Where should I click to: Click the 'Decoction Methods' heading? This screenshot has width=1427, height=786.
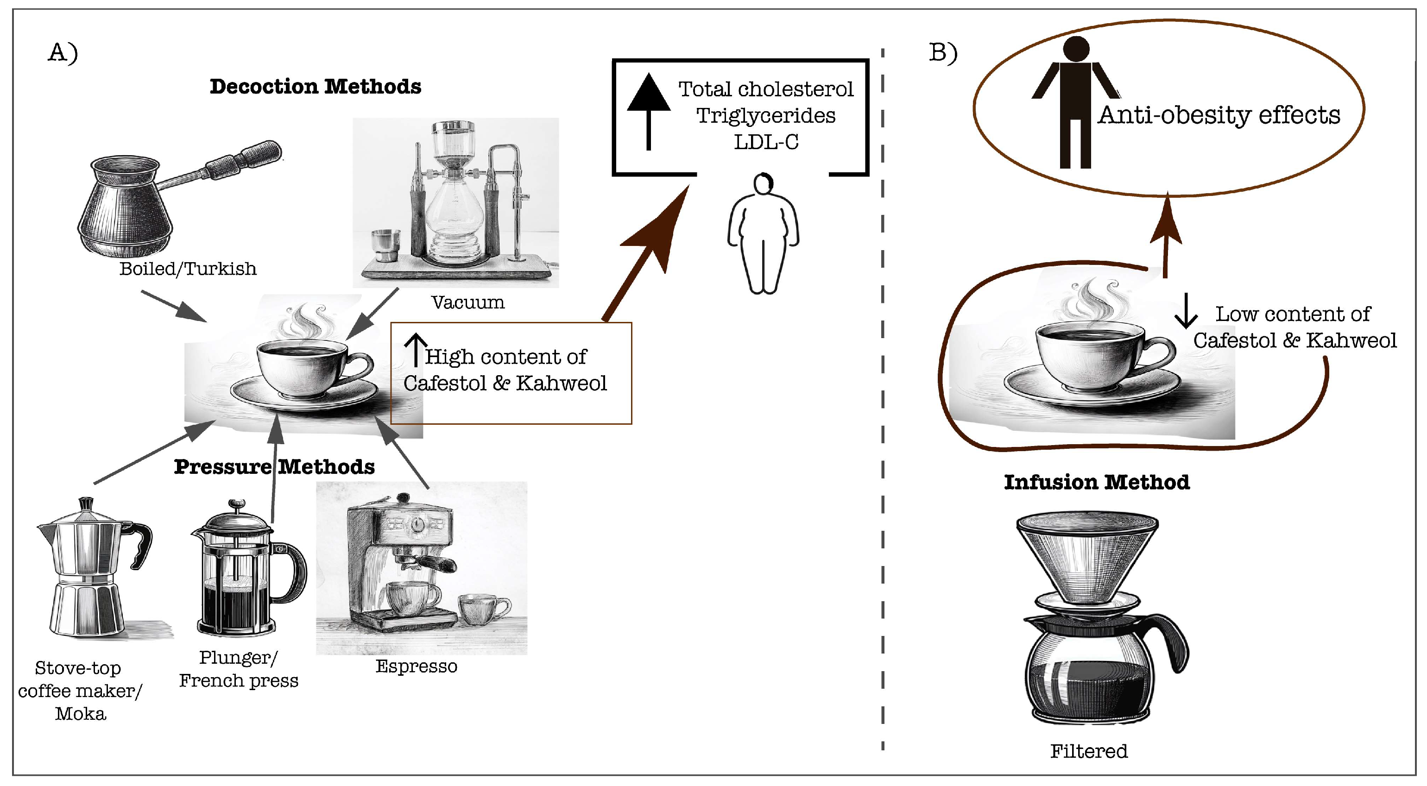pyautogui.click(x=315, y=87)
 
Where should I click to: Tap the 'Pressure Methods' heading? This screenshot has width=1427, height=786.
pyautogui.click(x=274, y=466)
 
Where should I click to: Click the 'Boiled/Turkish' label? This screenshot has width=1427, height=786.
pyautogui.click(x=188, y=269)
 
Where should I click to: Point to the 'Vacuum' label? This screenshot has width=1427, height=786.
pyautogui.click(x=467, y=302)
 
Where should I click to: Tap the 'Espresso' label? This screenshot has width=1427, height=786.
pyautogui.click(x=416, y=666)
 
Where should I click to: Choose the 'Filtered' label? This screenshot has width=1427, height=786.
pyautogui.click(x=1088, y=751)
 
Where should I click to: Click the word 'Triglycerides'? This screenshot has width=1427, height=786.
pyautogui.click(x=765, y=115)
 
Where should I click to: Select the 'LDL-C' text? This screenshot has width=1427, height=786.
pyautogui.click(x=766, y=142)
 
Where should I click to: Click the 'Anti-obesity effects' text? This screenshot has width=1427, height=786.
pyautogui.click(x=1219, y=115)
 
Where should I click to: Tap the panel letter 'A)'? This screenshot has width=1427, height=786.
pyautogui.click(x=63, y=53)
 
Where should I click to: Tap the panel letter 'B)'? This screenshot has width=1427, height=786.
pyautogui.click(x=943, y=53)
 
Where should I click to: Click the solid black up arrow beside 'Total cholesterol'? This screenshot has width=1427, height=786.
pyautogui.click(x=649, y=111)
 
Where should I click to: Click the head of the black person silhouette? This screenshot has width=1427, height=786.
pyautogui.click(x=1076, y=48)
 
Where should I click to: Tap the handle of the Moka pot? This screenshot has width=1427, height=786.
pyautogui.click(x=141, y=545)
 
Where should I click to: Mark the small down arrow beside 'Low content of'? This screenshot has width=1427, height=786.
pyautogui.click(x=1186, y=311)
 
